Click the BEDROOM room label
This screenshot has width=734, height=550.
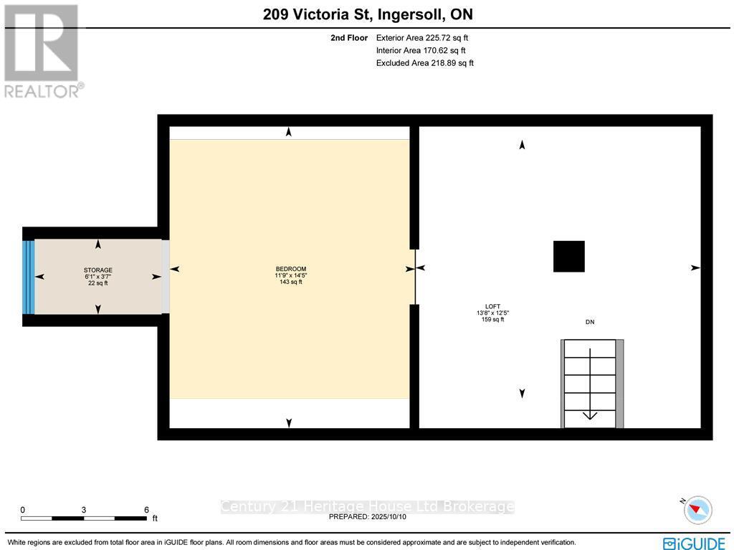290,269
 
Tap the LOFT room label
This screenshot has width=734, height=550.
492,306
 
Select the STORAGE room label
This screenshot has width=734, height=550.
97,270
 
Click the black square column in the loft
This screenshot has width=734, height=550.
568,256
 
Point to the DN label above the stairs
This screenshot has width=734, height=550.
590,322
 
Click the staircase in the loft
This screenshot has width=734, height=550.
590,383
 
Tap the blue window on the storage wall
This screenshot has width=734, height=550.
29,277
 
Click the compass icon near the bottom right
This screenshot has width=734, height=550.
697,510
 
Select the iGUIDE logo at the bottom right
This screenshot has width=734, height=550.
694,543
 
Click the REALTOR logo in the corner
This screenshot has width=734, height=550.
42,51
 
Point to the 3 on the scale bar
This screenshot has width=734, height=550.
84,510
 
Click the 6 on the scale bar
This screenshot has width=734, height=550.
146,510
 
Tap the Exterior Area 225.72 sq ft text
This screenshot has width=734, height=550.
421,37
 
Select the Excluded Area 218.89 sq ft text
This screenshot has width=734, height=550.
424,63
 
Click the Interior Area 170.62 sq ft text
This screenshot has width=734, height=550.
420,50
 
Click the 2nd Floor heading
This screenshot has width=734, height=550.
349,37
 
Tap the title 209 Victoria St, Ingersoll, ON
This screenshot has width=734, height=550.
367,14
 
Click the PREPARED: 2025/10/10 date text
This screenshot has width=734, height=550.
366,516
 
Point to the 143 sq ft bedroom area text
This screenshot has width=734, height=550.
290,282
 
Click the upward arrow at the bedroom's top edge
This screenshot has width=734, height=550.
288,132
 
